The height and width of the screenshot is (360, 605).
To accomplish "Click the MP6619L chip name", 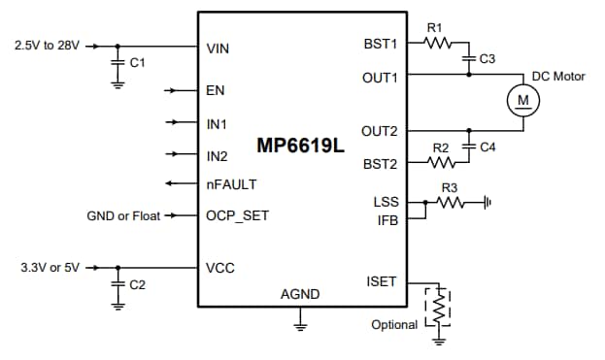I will [x=300, y=146].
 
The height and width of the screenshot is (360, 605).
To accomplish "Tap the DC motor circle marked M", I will [x=523, y=100].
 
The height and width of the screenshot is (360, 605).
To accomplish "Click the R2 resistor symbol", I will [x=442, y=163].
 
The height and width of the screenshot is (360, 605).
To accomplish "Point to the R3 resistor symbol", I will [x=452, y=203].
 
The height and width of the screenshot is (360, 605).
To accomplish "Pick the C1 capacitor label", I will [x=137, y=62].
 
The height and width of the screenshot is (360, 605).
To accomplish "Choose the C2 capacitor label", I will [x=137, y=284].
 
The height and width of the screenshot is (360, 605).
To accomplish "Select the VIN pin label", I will [x=218, y=48].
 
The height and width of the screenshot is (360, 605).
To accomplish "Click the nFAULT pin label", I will [x=230, y=183].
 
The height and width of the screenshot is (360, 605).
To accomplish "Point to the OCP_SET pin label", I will [x=238, y=215].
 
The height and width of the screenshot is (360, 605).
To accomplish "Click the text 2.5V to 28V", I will [x=48, y=45].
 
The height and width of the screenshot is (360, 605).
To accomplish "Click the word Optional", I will [x=394, y=324].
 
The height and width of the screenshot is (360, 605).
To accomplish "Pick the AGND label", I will [x=300, y=294].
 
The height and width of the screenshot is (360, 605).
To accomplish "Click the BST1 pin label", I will [x=380, y=44].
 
